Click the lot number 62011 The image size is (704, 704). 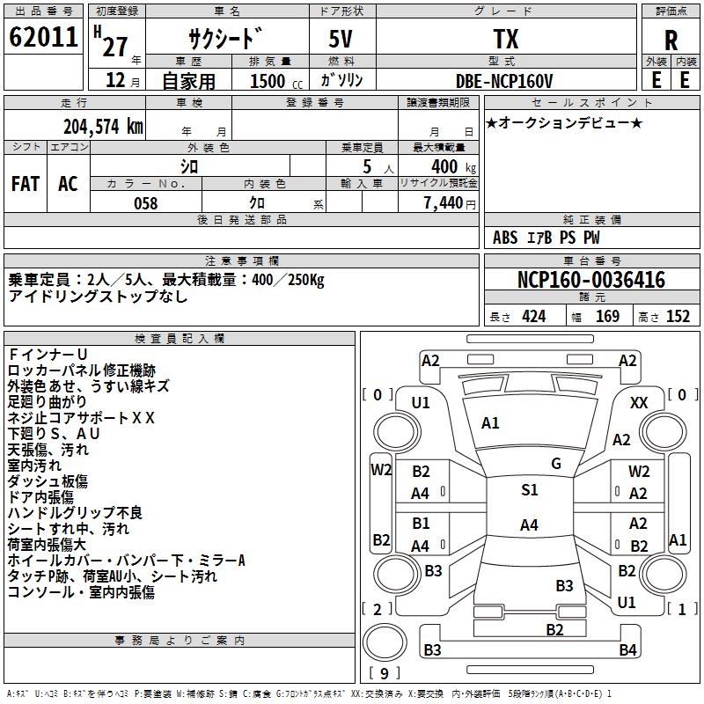(41, 40)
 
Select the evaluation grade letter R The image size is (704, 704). (671, 40)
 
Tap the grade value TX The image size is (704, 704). (505, 40)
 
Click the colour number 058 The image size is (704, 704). (145, 203)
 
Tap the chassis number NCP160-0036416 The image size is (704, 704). (590, 280)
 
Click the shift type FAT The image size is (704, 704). (26, 184)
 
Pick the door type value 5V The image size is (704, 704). (342, 40)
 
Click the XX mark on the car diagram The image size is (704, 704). (640, 402)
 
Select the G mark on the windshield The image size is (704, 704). (556, 463)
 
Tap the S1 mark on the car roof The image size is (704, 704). (529, 490)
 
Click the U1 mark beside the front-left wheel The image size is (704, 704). (421, 402)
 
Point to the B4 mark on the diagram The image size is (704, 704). (627, 650)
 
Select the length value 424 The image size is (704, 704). (533, 317)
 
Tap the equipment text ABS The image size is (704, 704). (505, 238)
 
